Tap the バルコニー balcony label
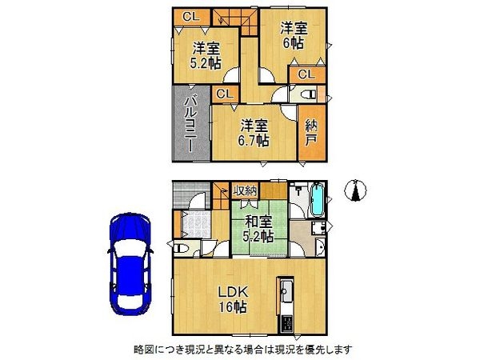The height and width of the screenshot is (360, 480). click(x=191, y=126)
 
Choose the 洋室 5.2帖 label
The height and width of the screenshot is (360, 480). click(x=205, y=57)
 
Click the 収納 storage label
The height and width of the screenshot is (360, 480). click(x=245, y=190)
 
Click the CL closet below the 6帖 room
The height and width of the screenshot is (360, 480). click(x=306, y=75)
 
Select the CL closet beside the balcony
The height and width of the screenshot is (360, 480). click(x=224, y=94)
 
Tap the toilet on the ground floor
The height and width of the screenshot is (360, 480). click(x=182, y=250)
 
